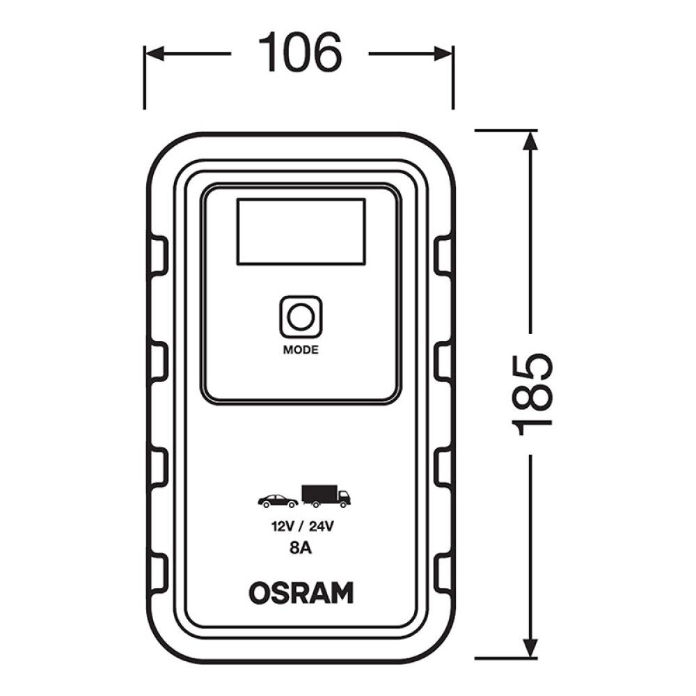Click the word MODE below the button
pos(301,350)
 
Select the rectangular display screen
pos(301,231)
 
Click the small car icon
pos(278,500)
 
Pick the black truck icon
pos(326,496)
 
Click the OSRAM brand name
pos(301,593)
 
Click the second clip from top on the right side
pos(442,362)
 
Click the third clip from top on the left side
pos(159,467)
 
